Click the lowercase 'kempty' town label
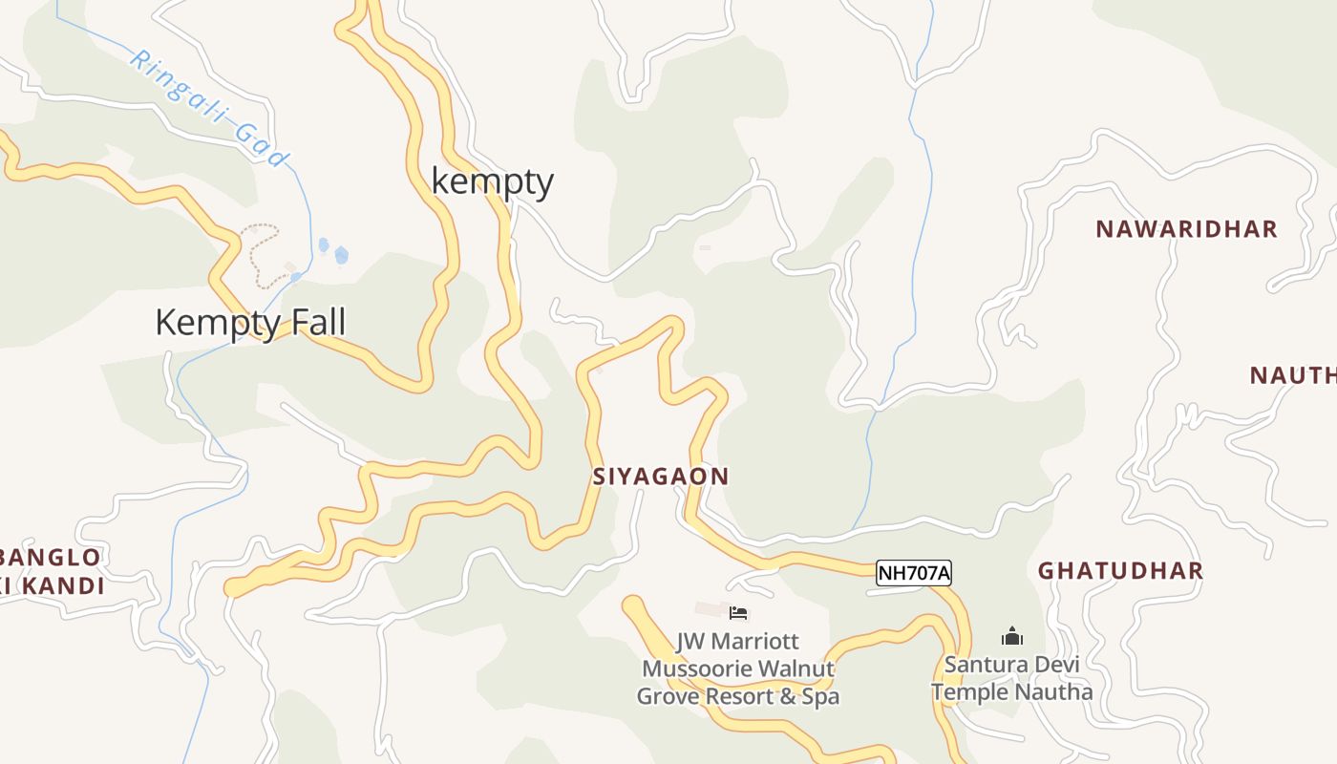[492, 181]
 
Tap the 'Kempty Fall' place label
[250, 323]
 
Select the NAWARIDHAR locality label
[1186, 229]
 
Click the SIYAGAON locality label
[661, 477]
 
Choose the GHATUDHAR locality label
[1120, 571]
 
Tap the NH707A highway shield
[914, 573]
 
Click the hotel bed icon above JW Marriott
[738, 613]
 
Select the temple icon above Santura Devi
[1012, 636]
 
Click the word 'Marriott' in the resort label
[753, 642]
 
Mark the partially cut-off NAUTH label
[1292, 375]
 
